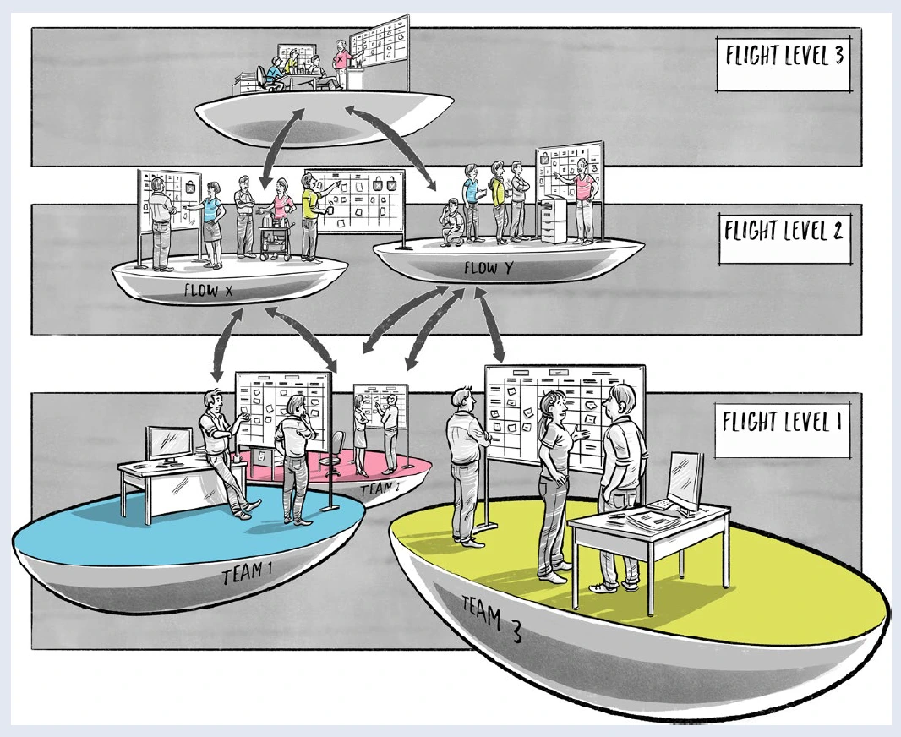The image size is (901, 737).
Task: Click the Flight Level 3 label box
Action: (x=782, y=61)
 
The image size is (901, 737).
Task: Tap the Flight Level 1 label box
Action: (x=782, y=420)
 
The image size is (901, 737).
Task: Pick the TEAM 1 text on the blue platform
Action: (x=247, y=577)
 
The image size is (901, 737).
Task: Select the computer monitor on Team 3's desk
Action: (x=686, y=479)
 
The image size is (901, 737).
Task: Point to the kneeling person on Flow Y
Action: (x=450, y=222)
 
